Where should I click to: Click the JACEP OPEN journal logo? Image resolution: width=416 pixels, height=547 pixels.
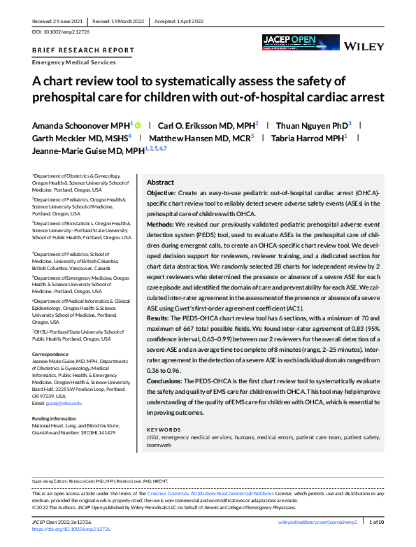pos(290,41)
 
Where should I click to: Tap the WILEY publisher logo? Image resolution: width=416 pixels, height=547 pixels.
pos(364,46)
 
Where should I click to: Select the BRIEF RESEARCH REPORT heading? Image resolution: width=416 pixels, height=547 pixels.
pos(83,50)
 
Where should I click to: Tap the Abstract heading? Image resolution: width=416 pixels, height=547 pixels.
pos(160,181)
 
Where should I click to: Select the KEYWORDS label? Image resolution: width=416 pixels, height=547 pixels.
pos(166,429)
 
